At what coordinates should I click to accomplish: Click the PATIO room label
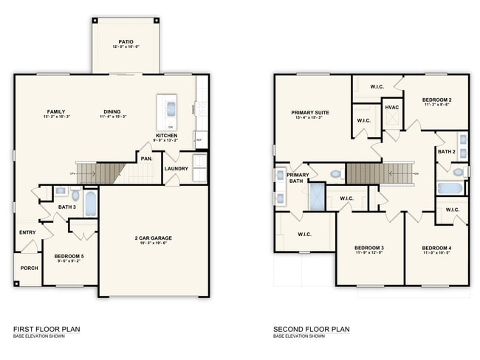coord(126,42)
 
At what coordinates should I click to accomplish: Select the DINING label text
coord(112,112)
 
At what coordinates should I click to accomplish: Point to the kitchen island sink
coord(171,108)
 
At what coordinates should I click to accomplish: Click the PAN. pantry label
coord(145,157)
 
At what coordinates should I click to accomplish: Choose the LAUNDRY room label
coord(176,168)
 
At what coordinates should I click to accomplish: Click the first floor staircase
coord(99,173)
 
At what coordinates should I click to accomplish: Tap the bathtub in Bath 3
coord(90,204)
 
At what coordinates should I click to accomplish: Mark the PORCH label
coord(29,268)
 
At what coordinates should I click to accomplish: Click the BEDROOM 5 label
coord(69,256)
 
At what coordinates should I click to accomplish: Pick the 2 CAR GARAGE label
coord(154,237)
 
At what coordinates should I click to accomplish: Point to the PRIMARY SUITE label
coord(310,113)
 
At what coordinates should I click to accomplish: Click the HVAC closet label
coord(391,108)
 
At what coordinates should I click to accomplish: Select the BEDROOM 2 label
coord(437,100)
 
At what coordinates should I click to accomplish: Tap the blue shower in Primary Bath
coord(318,197)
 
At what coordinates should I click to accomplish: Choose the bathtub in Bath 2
coord(450,188)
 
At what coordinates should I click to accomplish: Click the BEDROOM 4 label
coord(437,248)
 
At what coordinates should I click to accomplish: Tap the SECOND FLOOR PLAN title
coord(311,329)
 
